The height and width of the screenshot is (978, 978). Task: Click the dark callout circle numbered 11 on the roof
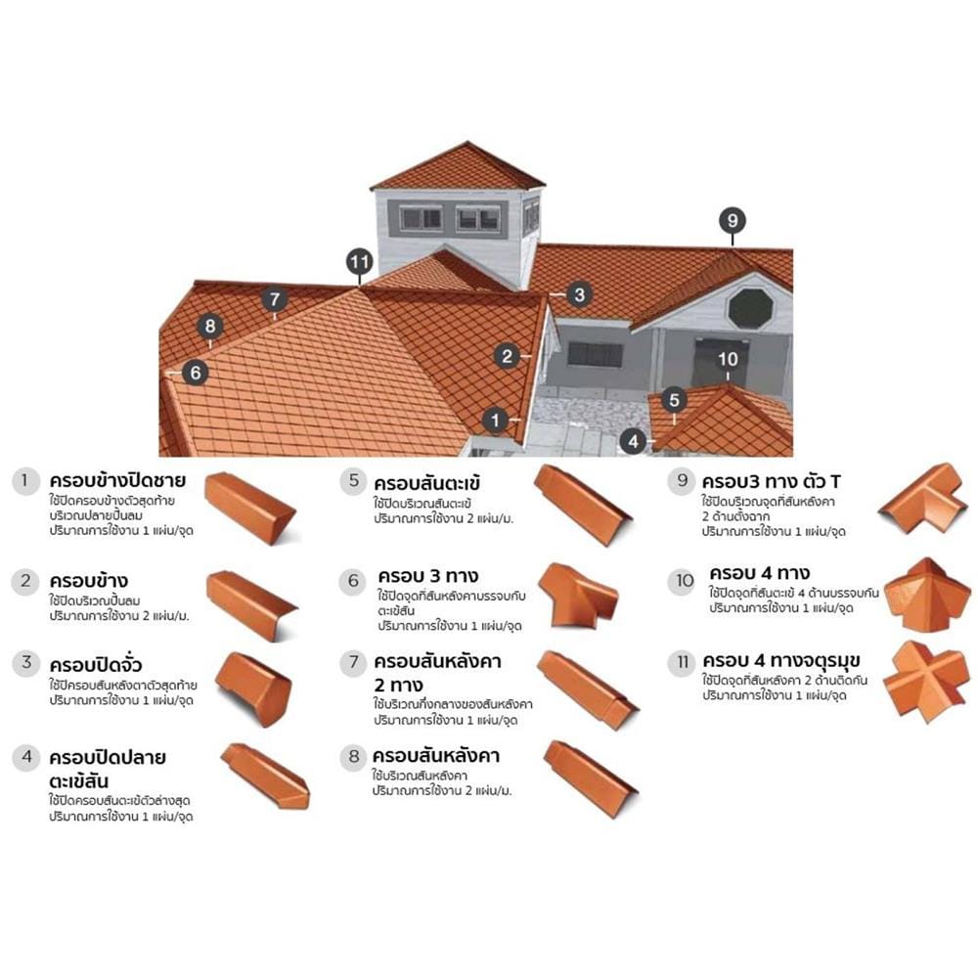pos(360,262)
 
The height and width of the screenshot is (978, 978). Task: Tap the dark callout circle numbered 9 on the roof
pos(733,220)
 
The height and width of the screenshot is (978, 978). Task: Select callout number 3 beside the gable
pos(579,294)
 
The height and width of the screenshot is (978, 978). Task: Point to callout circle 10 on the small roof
pos(728,359)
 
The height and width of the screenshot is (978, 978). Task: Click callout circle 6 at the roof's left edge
pos(196,373)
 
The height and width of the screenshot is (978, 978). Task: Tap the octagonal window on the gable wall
pos(751,308)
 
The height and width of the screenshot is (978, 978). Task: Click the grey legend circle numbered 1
pos(25,481)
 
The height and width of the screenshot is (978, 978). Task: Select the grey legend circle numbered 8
pos(354,757)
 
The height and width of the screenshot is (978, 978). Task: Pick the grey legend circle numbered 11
pos(682,662)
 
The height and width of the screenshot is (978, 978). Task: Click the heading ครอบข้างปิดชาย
pos(117,481)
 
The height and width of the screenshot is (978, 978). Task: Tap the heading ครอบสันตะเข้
pos(427,483)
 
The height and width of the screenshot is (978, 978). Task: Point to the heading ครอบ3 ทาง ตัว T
pos(771,481)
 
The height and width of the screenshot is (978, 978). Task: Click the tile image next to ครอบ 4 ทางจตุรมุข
pos(927,681)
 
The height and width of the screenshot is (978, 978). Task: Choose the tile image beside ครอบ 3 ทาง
pos(578,595)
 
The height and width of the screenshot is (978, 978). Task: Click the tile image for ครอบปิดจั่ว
pos(254,689)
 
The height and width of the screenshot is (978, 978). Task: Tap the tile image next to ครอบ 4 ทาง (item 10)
pos(927,595)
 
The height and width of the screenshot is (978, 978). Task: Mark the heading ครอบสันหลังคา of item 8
pos(436,756)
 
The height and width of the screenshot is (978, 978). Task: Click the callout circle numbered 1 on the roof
pos(495,420)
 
